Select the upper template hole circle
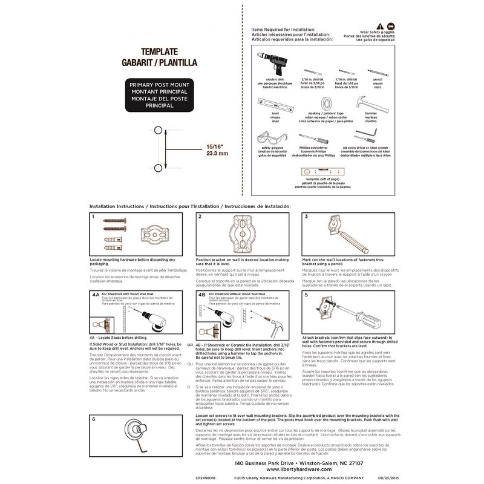coord(158,130)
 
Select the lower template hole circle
coord(158,166)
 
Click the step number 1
coord(93,217)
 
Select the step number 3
coord(307,217)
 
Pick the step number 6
coord(94,419)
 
